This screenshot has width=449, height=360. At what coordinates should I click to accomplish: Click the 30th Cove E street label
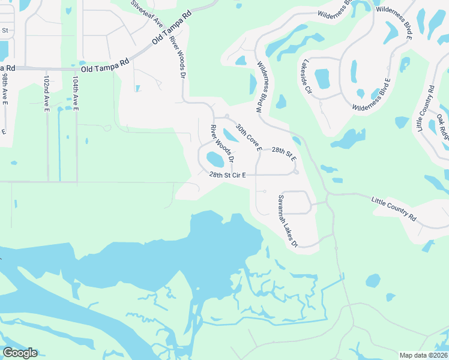click(x=249, y=137)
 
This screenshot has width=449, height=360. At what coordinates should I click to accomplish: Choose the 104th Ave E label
click(x=76, y=94)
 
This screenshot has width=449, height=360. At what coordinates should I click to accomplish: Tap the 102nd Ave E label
click(x=47, y=94)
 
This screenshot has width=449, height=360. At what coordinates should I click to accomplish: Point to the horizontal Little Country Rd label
click(x=394, y=208)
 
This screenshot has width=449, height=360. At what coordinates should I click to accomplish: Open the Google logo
click(x=20, y=353)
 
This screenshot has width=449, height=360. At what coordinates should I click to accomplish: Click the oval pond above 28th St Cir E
click(x=215, y=160)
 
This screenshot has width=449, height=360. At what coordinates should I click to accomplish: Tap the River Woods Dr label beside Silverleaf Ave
click(x=178, y=55)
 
